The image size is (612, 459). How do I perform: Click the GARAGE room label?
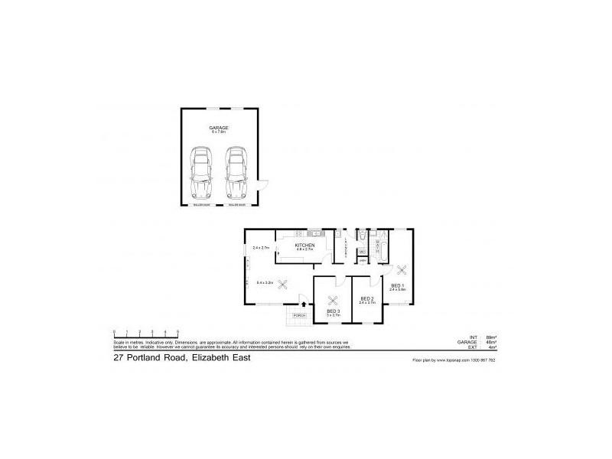tap(220, 128)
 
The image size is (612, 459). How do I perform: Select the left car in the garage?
tap(200, 174)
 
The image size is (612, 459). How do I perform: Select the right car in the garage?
tap(236, 174)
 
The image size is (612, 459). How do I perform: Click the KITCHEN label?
tap(305, 245)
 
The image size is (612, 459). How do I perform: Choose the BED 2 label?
tap(366, 298)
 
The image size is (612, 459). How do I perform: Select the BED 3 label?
tap(333, 311)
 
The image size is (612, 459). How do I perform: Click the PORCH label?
tap(299, 315)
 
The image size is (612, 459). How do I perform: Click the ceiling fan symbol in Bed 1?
tap(402, 269)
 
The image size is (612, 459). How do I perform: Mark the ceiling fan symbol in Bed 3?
tap(333, 299)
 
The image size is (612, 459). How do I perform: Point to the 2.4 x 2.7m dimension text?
tap(260, 248)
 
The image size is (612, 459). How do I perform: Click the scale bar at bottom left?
tap(145, 332)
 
